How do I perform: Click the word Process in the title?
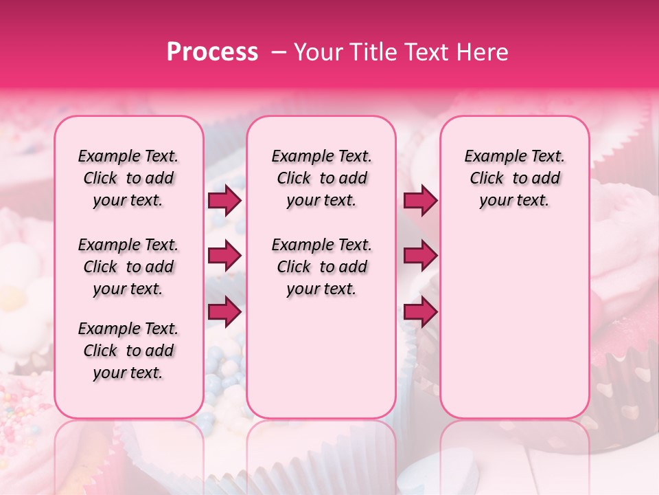point(212,52)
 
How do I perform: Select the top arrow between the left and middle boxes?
point(224,201)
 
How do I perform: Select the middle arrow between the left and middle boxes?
point(224,256)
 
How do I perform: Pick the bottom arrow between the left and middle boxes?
point(224,311)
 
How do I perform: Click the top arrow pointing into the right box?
point(420,201)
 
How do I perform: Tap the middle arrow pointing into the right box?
point(420,256)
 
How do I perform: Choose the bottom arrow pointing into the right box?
point(420,311)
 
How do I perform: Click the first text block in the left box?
point(128,178)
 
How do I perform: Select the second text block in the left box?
point(128,267)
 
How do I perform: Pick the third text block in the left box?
point(128,351)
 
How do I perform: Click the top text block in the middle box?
point(321,178)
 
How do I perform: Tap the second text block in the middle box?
point(321,267)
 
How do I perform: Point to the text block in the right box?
point(514,178)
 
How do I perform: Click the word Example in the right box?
point(492,156)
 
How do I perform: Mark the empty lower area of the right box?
point(514,316)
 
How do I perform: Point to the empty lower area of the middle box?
point(321,357)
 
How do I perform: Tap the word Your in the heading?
point(315,52)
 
